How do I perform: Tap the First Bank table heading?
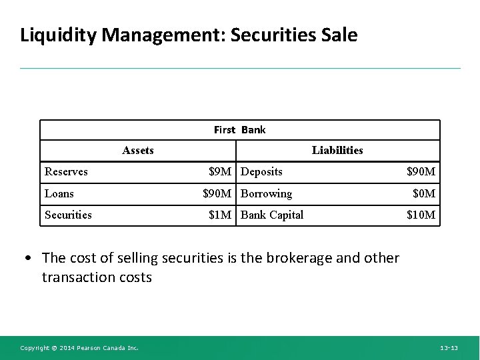pos(239,129)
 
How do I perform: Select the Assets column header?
pos(138,150)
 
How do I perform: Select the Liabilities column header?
pos(337,150)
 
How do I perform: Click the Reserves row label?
pos(66,171)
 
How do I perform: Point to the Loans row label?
pos(59,193)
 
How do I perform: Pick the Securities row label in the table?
pos(68,215)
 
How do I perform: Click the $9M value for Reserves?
pos(220,171)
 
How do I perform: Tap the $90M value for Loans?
pos(217,193)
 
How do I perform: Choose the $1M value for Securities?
pos(220,215)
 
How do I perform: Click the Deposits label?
pos(261,171)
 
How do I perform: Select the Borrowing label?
pos(266,193)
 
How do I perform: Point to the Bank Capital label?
pos(271,215)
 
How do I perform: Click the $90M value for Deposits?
pos(421,171)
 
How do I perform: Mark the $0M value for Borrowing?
pos(424,193)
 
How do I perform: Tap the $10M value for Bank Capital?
pos(421,215)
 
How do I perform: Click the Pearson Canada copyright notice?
pos(79,348)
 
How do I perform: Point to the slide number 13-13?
pos(449,348)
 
